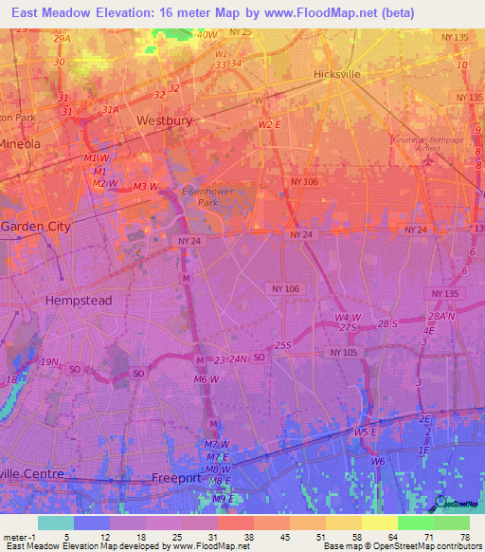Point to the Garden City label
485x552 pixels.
coord(35,227)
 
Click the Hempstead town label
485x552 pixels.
coord(79,300)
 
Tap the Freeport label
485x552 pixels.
coord(177,478)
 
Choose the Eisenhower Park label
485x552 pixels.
coord(200,196)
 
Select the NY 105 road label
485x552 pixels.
coord(345,352)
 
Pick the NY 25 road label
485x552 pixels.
coord(241,32)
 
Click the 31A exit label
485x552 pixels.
coord(110,110)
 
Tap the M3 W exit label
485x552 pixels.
coord(146,186)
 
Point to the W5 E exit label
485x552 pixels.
coord(365,432)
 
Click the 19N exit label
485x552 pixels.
coord(49,362)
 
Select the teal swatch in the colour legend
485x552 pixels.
coord(55,523)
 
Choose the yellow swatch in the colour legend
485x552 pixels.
coord(379,523)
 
